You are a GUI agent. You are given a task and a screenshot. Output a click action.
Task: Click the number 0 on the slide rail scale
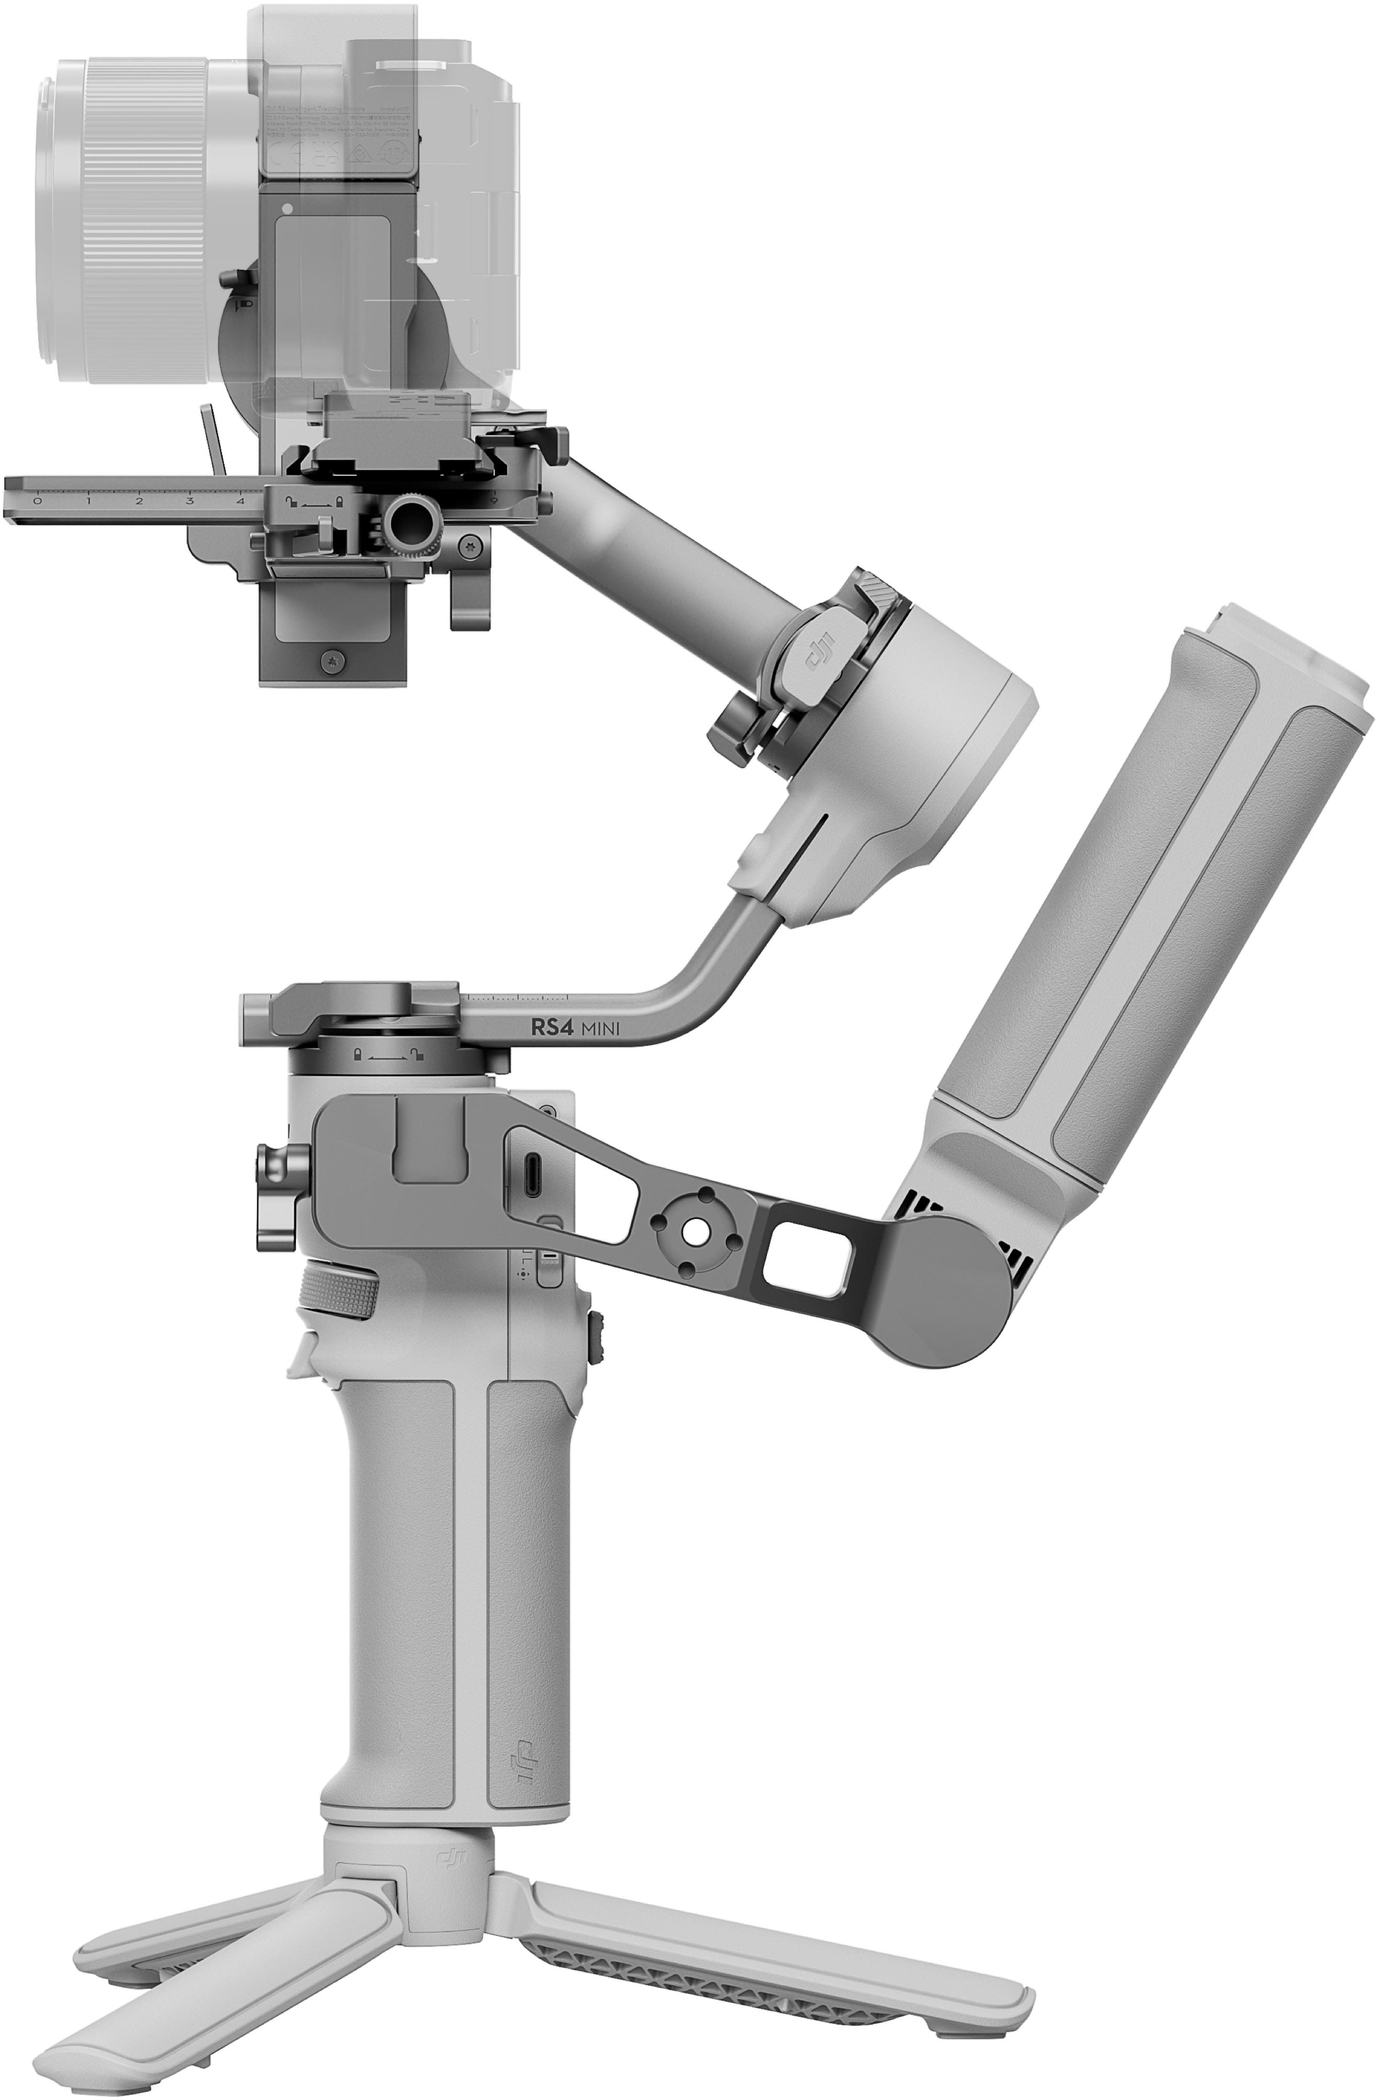pyautogui.click(x=36, y=500)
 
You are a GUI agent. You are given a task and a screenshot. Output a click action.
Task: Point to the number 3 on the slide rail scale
pyautogui.click(x=190, y=500)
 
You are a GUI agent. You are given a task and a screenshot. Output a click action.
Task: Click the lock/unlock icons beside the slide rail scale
pyautogui.click(x=313, y=502)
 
